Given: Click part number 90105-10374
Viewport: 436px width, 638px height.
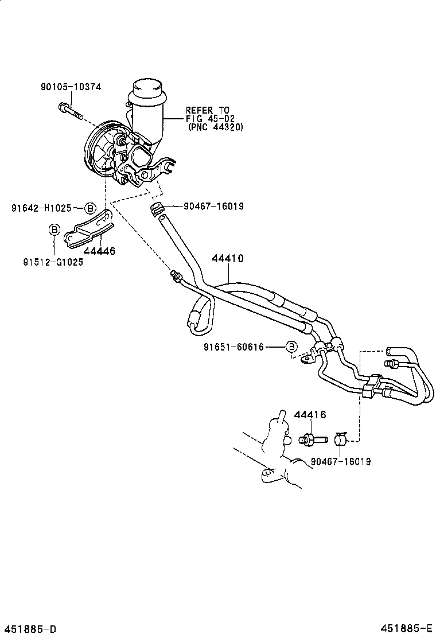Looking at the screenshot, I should (71, 87).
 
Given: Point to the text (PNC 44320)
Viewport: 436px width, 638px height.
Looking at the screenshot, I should (215, 127).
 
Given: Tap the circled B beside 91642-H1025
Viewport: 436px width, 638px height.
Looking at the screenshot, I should (90, 208).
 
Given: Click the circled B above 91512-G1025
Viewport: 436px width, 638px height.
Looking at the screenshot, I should (53, 230).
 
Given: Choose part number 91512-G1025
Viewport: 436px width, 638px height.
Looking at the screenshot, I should (53, 262).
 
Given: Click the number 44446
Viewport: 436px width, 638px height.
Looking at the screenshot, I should (99, 251).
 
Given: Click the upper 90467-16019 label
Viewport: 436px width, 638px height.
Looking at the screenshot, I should (213, 206).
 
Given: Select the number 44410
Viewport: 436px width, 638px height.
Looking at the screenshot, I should (228, 259).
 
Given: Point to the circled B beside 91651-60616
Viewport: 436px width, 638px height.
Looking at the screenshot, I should (291, 347).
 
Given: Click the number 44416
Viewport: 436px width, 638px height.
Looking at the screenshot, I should (310, 415).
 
